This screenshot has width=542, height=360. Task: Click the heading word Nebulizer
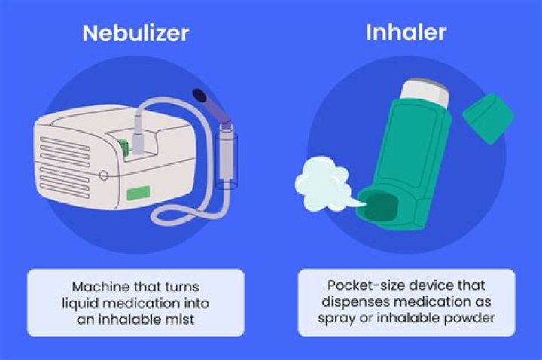pyautogui.click(x=135, y=34)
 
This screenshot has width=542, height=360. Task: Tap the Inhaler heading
pyautogui.click(x=406, y=32)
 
